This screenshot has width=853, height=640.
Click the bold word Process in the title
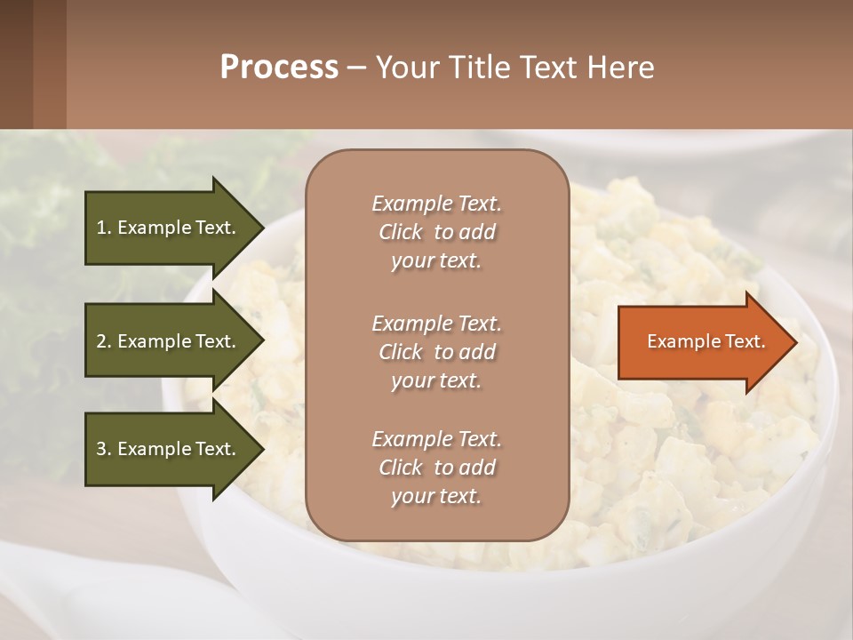279,68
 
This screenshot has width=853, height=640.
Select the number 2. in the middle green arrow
103,341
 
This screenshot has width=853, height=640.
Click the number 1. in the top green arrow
103,228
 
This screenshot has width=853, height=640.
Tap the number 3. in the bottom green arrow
103,449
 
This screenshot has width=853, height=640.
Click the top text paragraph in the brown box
436,232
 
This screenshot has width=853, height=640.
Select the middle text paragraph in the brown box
436,352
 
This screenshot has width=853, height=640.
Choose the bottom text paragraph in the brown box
436,468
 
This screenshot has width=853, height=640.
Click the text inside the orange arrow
706,341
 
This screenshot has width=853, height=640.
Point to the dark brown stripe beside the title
33,64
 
